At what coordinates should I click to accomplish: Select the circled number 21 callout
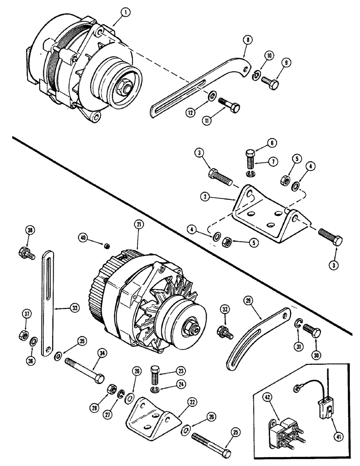[138, 224]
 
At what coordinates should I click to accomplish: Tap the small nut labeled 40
[107, 246]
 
